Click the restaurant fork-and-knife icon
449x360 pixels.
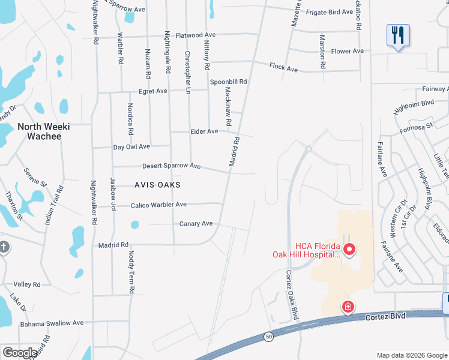click(x=398, y=35)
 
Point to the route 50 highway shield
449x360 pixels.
click(x=269, y=337)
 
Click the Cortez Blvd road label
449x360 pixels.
click(x=385, y=316)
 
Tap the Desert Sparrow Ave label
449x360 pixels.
click(x=171, y=166)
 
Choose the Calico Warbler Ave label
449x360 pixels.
click(x=158, y=205)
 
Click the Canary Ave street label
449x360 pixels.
click(x=196, y=224)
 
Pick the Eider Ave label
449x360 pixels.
click(x=204, y=131)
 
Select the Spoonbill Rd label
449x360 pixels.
click(x=228, y=82)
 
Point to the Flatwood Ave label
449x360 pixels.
click(x=195, y=35)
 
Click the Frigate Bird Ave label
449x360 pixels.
click(x=330, y=12)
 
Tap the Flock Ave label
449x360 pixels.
click(x=284, y=68)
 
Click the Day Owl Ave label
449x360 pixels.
click(x=131, y=146)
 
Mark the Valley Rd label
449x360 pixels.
click(x=26, y=284)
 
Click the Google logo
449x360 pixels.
click(x=20, y=353)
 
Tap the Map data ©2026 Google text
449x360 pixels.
click(x=411, y=355)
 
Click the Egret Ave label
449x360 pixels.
click(x=152, y=91)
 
